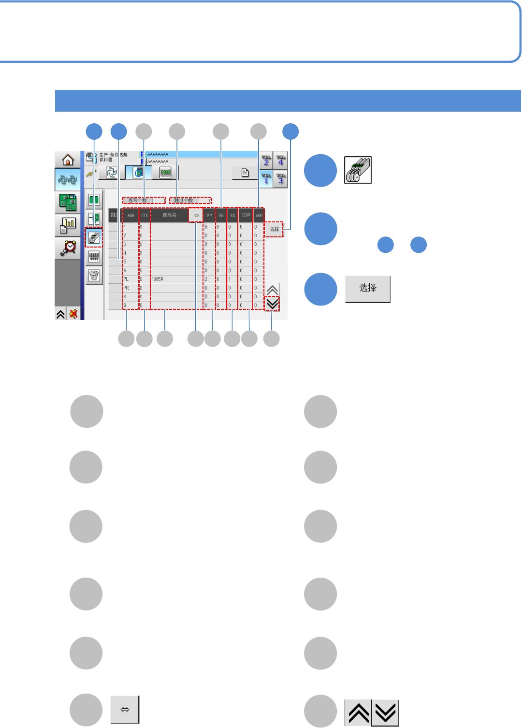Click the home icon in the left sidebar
[x=68, y=160]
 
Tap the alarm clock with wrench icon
[x=68, y=248]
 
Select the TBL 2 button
[x=266, y=160]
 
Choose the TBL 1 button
[x=266, y=178]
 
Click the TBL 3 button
[x=281, y=178]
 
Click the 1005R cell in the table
[x=158, y=279]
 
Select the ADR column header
[x=131, y=215]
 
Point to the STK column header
[x=145, y=215]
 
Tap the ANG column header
[x=259, y=215]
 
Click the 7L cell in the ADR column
[x=127, y=279]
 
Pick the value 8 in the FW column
[x=218, y=279]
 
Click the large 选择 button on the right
[x=367, y=289]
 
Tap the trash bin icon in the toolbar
[x=94, y=276]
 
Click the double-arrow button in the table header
[x=196, y=215]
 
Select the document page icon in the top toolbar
[x=245, y=173]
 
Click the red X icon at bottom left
[x=73, y=314]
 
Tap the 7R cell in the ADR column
[x=127, y=288]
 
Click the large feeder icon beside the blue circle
[x=358, y=170]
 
